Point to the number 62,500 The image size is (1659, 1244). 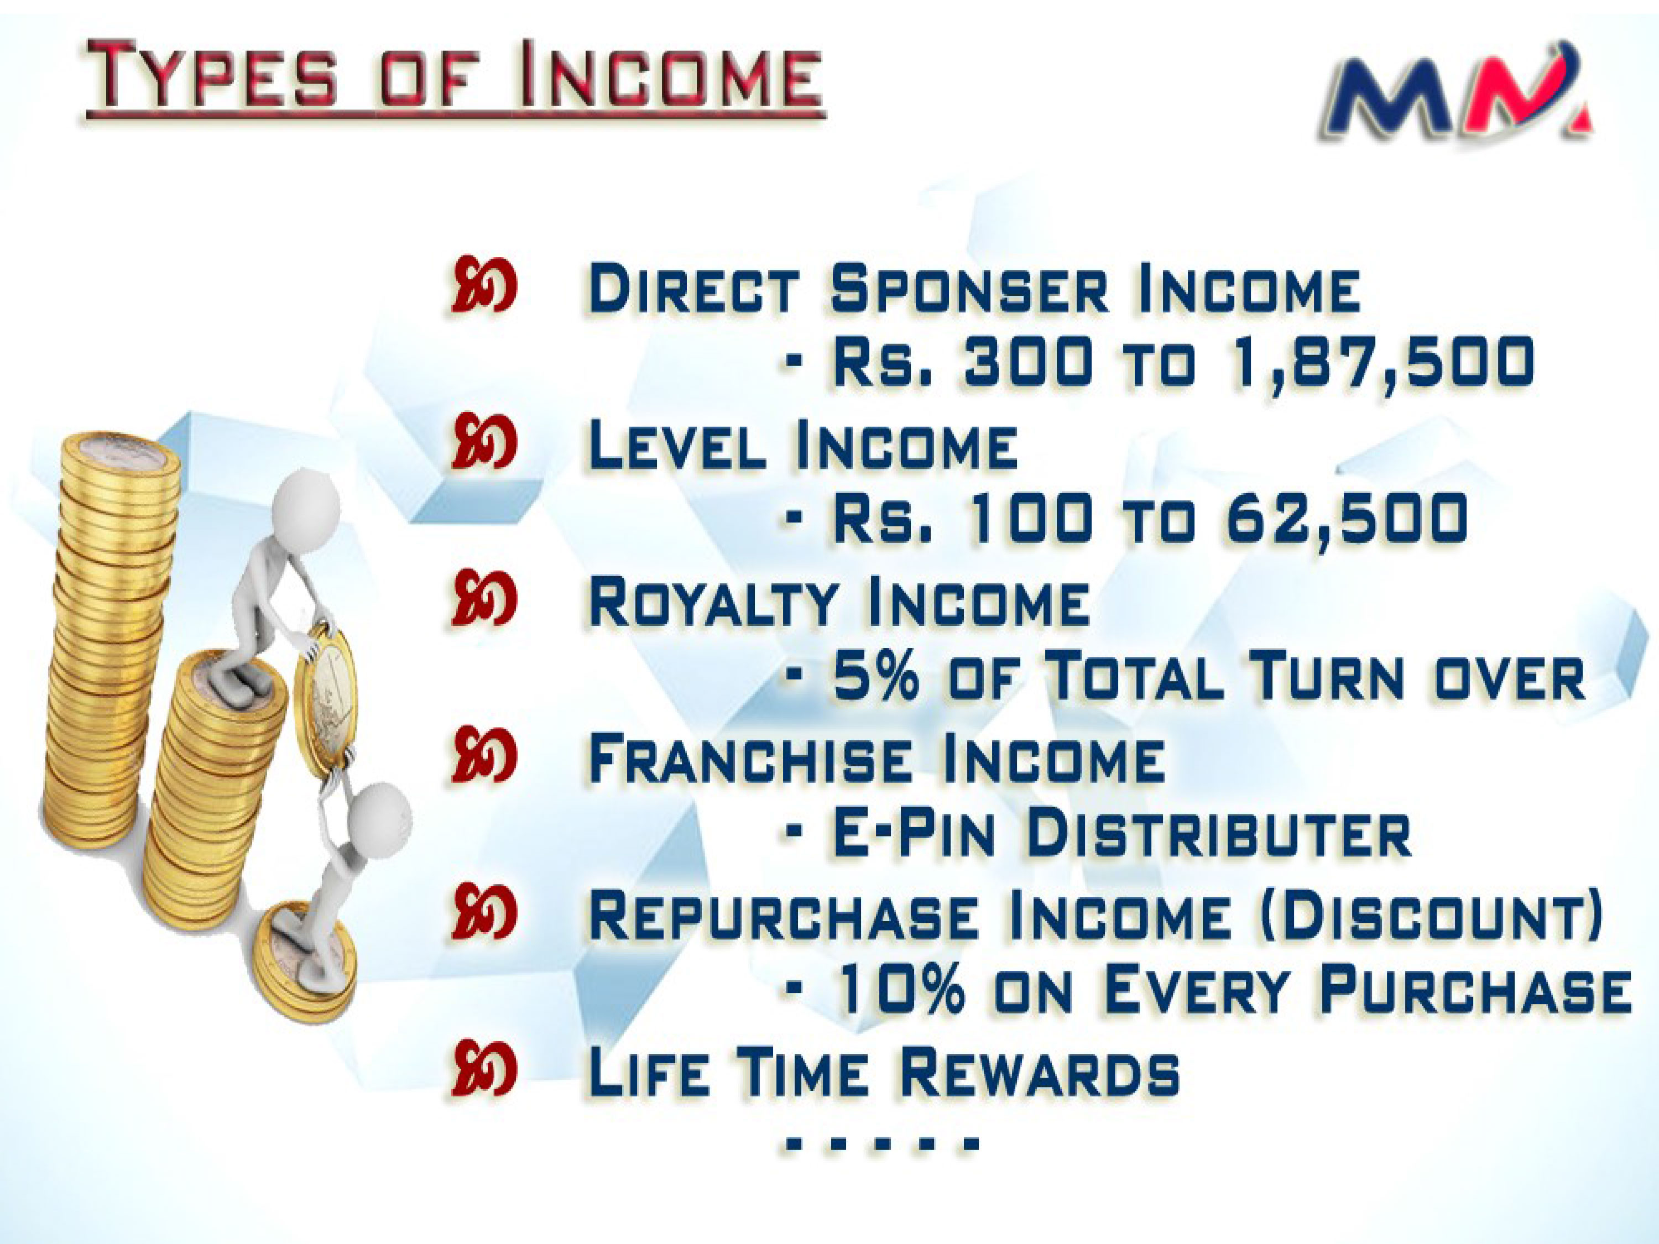tap(1345, 518)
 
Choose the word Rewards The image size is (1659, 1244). tap(1039, 1071)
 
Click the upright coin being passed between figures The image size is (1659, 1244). tap(327, 701)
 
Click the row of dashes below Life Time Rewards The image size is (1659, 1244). tap(882, 1144)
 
